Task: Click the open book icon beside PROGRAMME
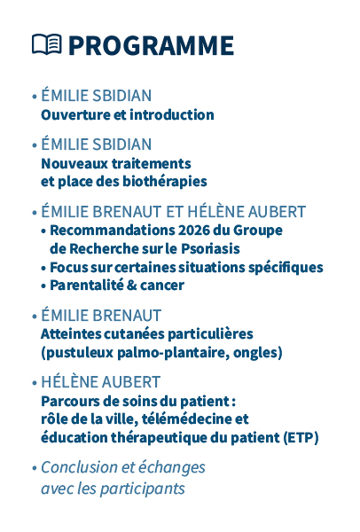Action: click(46, 44)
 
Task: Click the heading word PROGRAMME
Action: click(151, 45)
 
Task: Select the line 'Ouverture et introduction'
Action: click(128, 115)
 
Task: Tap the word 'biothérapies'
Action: click(164, 181)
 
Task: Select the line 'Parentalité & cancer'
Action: click(117, 286)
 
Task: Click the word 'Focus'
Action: click(68, 267)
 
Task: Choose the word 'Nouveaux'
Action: click(72, 163)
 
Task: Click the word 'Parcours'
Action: click(69, 401)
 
